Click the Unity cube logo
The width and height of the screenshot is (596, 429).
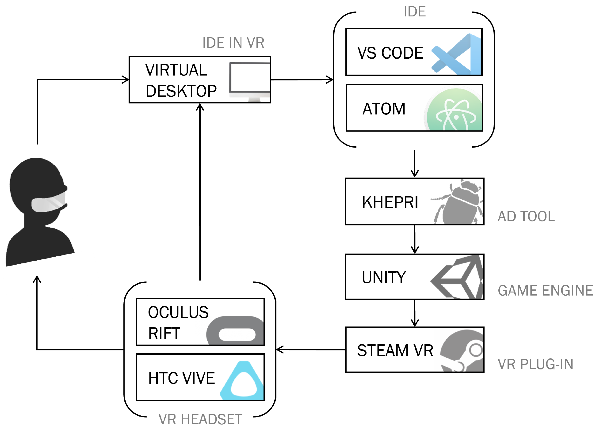(x=458, y=277)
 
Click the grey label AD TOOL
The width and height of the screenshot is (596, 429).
(x=526, y=216)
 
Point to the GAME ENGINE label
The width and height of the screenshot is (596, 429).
(x=545, y=291)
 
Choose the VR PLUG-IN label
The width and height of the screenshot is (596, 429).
(x=535, y=364)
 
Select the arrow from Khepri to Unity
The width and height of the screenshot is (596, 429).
(x=415, y=239)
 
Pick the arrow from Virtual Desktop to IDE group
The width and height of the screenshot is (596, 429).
(x=302, y=80)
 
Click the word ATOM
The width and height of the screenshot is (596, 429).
(x=384, y=109)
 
